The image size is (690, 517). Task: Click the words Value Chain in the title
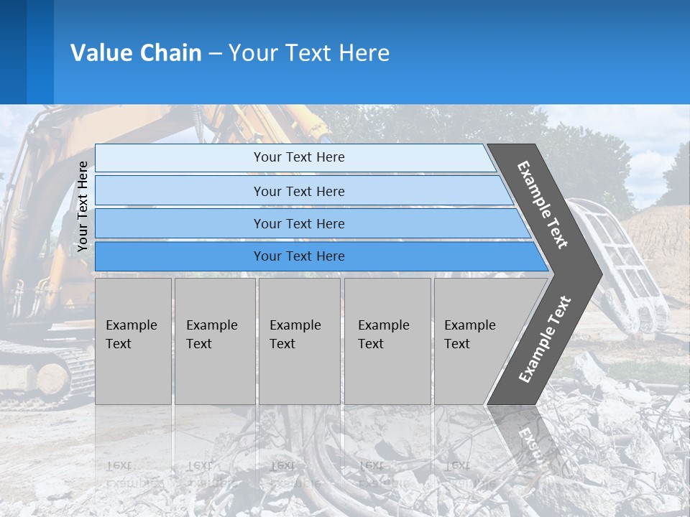[136, 53]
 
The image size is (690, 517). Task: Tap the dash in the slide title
[215, 54]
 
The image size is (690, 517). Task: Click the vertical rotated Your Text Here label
[83, 207]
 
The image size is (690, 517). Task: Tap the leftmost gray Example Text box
[133, 341]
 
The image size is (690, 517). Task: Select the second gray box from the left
[214, 341]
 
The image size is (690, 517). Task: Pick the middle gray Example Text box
[299, 341]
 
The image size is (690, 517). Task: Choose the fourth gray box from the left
[387, 341]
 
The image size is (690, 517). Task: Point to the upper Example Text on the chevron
[543, 205]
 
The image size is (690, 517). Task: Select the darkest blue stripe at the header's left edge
[13, 52]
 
